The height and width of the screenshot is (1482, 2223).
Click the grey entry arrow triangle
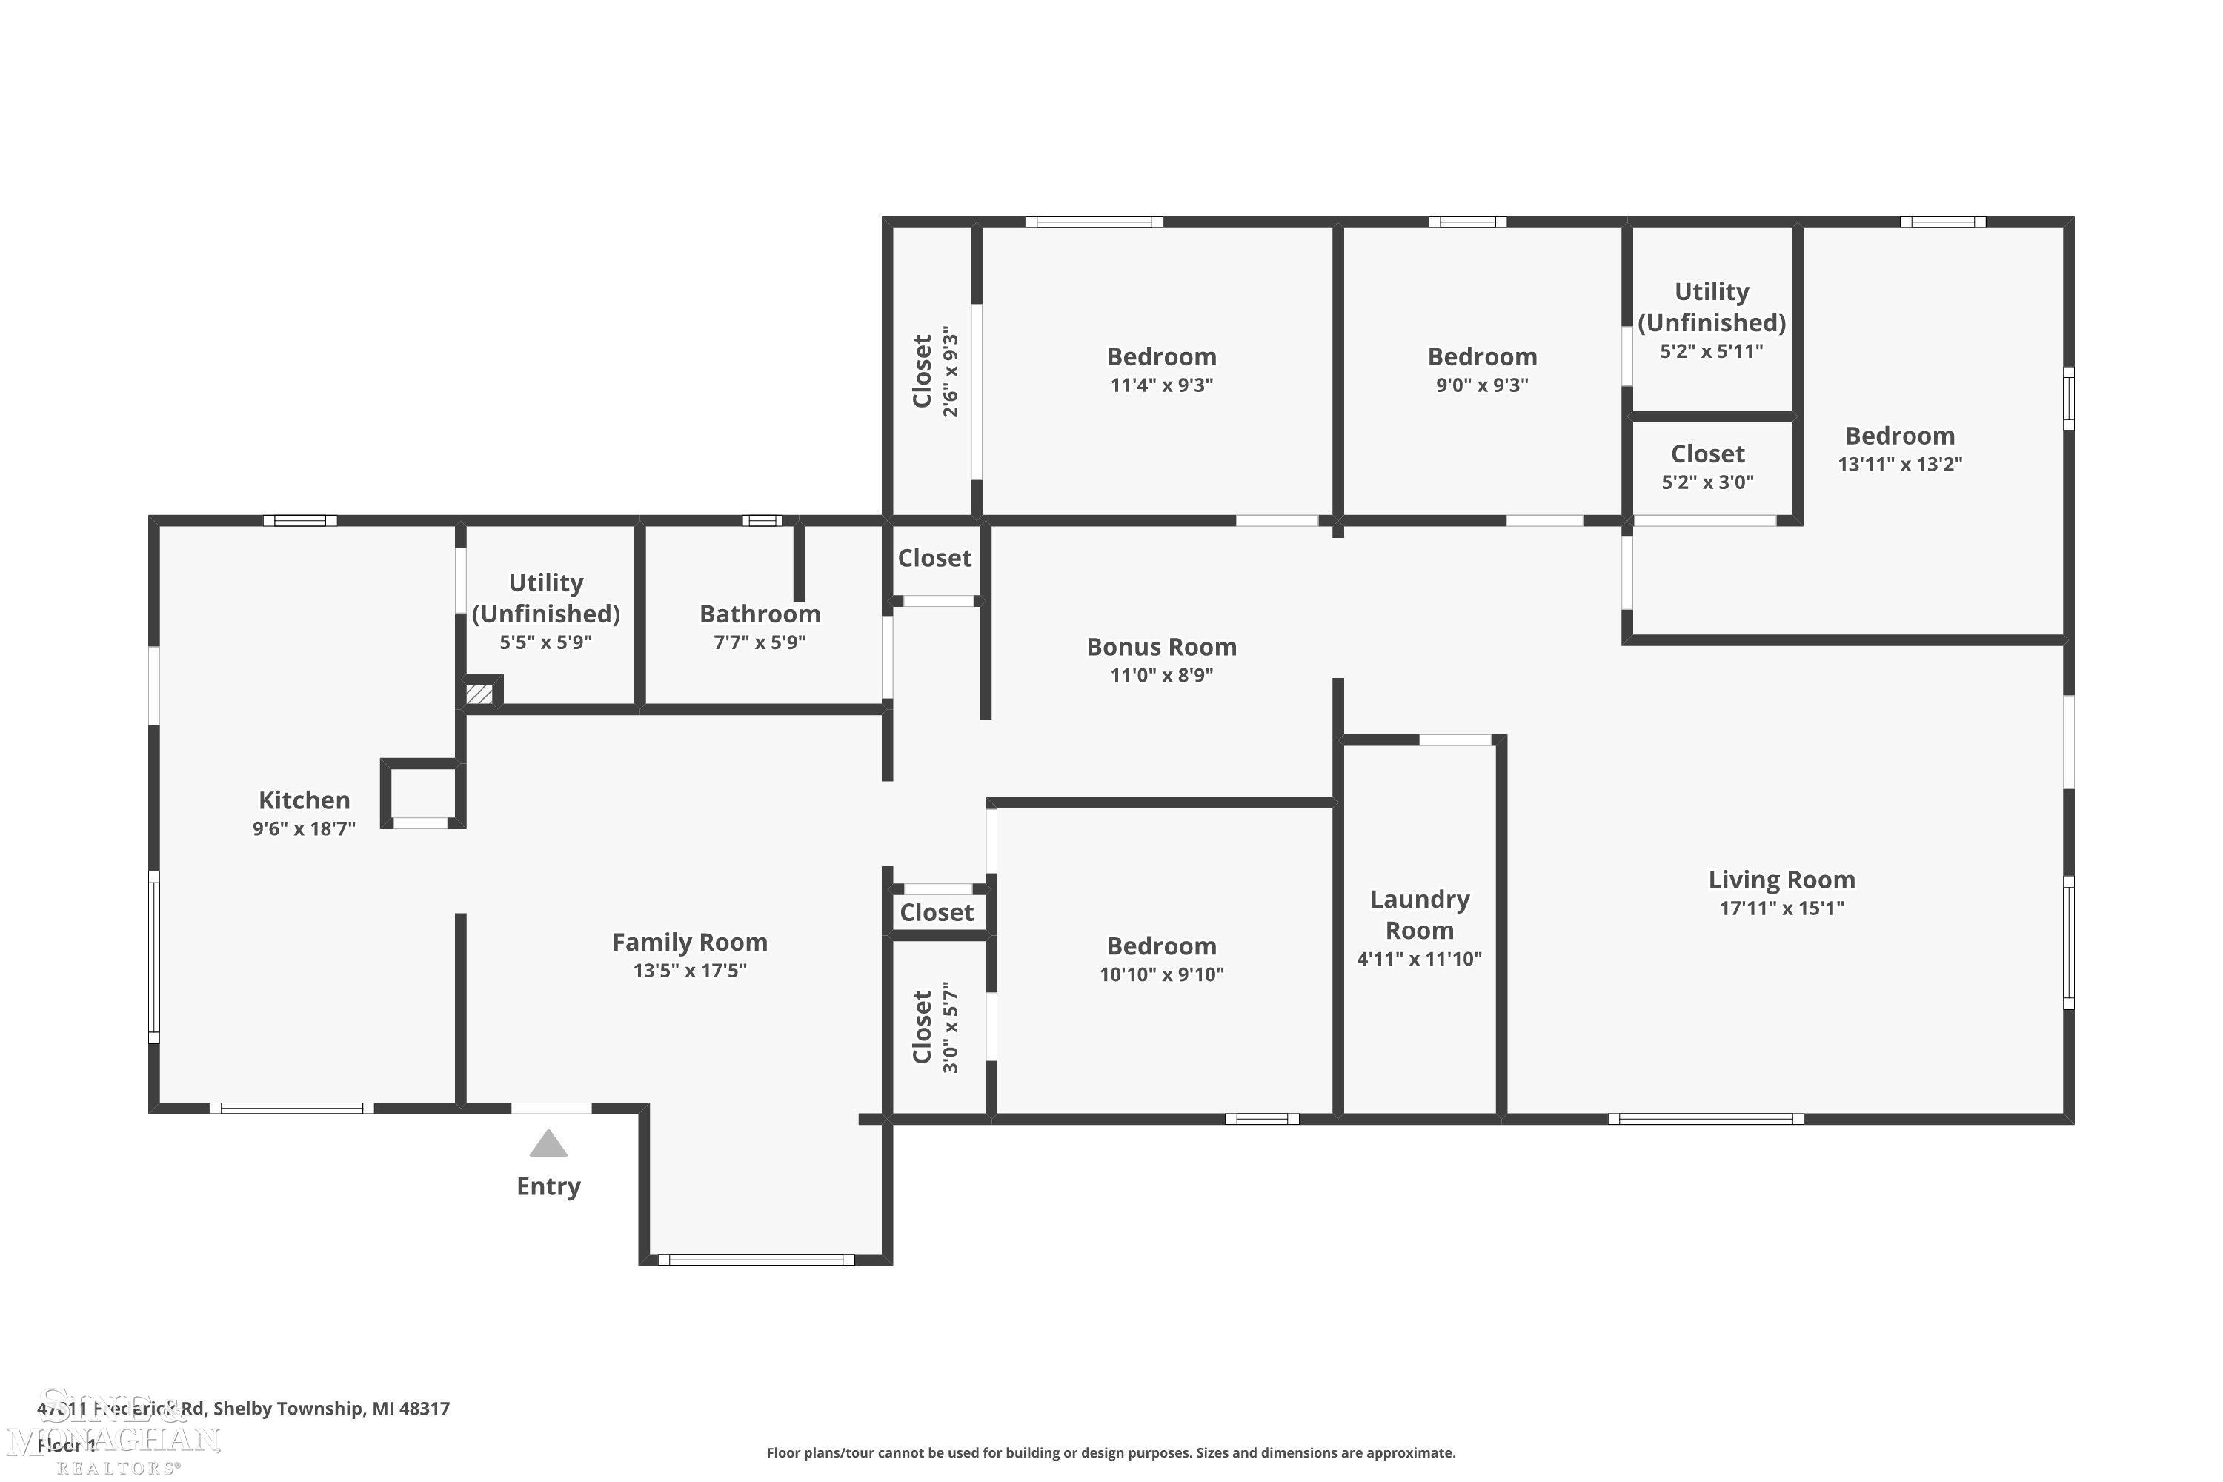click(x=548, y=1146)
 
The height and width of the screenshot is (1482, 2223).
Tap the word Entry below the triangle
click(x=548, y=1186)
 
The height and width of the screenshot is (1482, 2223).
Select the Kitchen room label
click(x=305, y=800)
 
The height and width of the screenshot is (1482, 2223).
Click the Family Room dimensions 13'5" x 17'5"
click(x=690, y=971)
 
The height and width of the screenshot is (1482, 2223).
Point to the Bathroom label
click(x=760, y=614)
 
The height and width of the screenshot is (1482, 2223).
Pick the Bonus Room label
click(x=1162, y=648)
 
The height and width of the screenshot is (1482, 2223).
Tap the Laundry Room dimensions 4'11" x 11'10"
click(x=1419, y=960)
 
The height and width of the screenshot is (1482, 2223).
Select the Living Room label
click(x=1781, y=880)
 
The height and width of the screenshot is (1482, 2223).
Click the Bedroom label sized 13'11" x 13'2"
click(x=1900, y=436)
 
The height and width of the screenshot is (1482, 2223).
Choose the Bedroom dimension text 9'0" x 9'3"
click(x=1482, y=385)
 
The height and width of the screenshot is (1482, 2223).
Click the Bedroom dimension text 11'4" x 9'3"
click(x=1162, y=385)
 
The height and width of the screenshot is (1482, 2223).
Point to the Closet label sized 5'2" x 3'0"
click(x=1707, y=455)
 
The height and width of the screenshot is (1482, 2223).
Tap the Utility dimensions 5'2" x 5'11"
click(x=1712, y=351)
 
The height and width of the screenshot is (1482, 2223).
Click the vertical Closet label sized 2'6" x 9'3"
click(x=923, y=370)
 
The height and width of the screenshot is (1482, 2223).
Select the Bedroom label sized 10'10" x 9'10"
click(x=1162, y=947)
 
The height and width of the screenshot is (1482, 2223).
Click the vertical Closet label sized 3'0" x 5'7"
click(x=923, y=1027)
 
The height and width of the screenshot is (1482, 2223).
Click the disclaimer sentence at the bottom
click(x=1111, y=1452)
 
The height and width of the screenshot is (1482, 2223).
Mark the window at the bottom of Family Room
click(x=756, y=1260)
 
